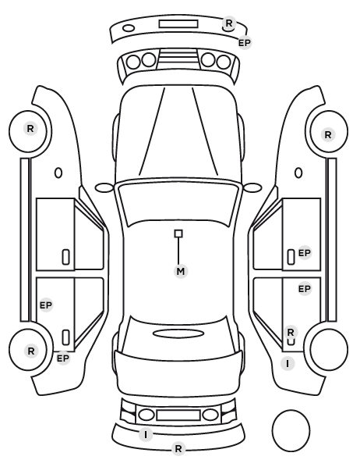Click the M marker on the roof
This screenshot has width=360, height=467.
click(x=181, y=271)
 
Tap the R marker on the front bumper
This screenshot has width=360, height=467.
click(x=228, y=23)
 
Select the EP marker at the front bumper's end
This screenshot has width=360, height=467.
click(x=245, y=43)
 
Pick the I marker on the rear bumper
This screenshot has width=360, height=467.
click(x=146, y=435)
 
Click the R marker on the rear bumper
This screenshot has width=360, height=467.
click(x=178, y=448)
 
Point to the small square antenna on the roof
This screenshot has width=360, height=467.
click(x=178, y=233)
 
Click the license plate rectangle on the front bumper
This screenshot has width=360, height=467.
click(x=178, y=24)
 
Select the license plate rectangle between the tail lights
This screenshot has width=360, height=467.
click(x=178, y=415)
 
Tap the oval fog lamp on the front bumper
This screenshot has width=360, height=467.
click(x=129, y=28)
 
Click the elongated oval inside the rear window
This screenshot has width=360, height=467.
click(x=178, y=333)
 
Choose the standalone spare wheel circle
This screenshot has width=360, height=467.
click(x=291, y=430)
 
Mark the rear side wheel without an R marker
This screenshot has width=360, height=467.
click(x=329, y=349)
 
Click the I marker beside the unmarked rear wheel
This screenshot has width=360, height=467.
click(x=288, y=364)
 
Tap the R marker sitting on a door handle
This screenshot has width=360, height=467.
click(x=291, y=332)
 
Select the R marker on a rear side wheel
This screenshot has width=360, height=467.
click(x=31, y=351)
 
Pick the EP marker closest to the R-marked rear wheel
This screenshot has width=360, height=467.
click(x=62, y=358)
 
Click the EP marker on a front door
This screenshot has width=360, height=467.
click(x=305, y=253)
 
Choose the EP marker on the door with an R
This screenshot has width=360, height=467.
click(x=305, y=289)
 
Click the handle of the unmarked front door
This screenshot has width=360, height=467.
click(x=65, y=257)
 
